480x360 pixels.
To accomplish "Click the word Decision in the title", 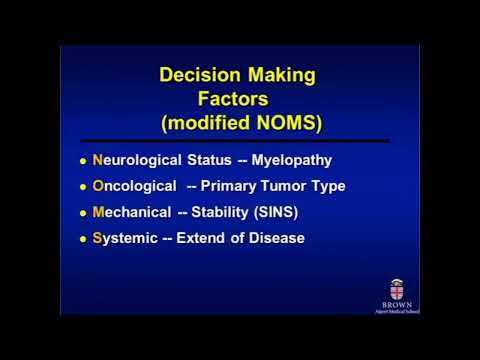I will [199, 75].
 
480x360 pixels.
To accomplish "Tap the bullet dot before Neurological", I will [83, 161].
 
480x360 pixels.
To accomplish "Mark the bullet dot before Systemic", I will [83, 239].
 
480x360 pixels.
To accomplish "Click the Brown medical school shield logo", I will [397, 287].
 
